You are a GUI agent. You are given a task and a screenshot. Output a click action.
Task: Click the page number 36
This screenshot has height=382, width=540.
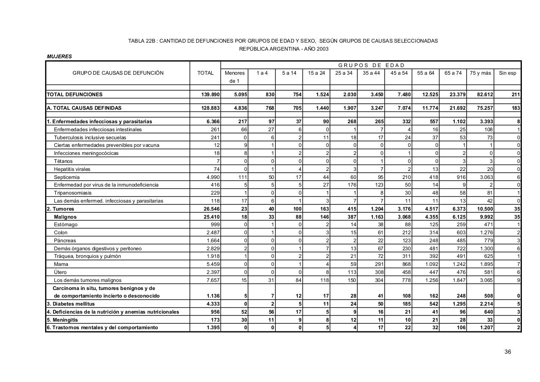pyautogui.click(x=508, y=352)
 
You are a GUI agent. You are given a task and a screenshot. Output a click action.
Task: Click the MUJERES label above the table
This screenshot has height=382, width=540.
pyautogui.click(x=59, y=56)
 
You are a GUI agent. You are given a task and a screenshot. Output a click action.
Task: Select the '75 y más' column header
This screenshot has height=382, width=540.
pyautogui.click(x=480, y=73)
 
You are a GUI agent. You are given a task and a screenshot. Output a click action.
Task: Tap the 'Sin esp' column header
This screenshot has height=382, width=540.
pyautogui.click(x=507, y=73)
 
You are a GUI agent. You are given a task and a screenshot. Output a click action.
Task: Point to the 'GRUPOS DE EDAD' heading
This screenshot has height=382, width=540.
pyautogui.click(x=371, y=65)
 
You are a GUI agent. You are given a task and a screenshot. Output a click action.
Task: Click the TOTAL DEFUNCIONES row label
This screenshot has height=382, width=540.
pyautogui.click(x=75, y=95)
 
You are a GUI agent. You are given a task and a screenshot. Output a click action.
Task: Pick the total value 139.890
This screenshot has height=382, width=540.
pyautogui.click(x=211, y=95)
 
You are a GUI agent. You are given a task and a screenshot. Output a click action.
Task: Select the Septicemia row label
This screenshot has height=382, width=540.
pyautogui.click(x=67, y=177)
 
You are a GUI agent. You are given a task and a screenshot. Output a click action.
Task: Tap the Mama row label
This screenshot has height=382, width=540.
pyautogui.click(x=61, y=264)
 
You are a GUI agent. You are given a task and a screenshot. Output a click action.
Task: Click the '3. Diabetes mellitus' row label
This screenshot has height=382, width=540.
pyautogui.click(x=70, y=304)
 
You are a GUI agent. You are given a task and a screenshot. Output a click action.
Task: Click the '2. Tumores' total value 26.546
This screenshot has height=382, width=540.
pyautogui.click(x=211, y=209)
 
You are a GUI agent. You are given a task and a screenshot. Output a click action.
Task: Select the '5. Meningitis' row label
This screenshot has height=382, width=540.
pyautogui.click(x=62, y=320)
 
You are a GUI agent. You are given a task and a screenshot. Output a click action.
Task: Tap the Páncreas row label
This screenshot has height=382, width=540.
pyautogui.click(x=65, y=241)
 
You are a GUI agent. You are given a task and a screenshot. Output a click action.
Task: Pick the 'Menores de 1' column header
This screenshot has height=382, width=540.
pyautogui.click(x=235, y=76)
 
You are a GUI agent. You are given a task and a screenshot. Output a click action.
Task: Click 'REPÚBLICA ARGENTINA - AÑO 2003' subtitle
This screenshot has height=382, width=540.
pyautogui.click(x=283, y=49)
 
